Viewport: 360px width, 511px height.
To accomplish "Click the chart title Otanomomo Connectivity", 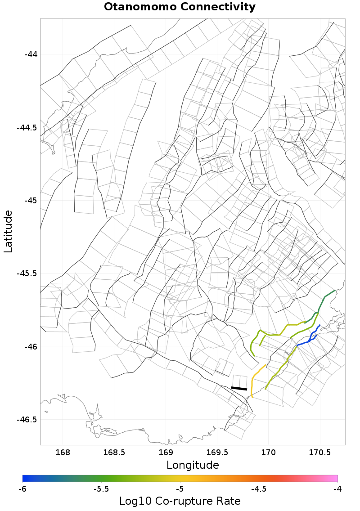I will (x=180, y=7).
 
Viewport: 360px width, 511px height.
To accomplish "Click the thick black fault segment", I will (x=239, y=388).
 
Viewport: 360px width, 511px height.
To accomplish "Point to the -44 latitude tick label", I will (x=31, y=54).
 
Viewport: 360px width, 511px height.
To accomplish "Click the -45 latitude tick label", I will (x=31, y=201).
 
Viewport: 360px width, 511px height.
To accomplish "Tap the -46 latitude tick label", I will (x=31, y=347).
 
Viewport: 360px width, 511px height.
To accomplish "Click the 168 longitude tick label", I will (x=63, y=452).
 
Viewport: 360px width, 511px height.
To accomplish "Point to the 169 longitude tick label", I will (x=166, y=452).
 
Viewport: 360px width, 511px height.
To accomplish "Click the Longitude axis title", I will (x=193, y=465).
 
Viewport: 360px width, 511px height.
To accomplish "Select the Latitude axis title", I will (x=8, y=231).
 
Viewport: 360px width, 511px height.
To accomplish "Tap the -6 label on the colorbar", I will (x=22, y=489).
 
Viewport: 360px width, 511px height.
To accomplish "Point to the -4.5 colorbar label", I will (x=258, y=489).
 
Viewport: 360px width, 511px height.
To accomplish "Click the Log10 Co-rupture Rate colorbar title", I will (x=180, y=501).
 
